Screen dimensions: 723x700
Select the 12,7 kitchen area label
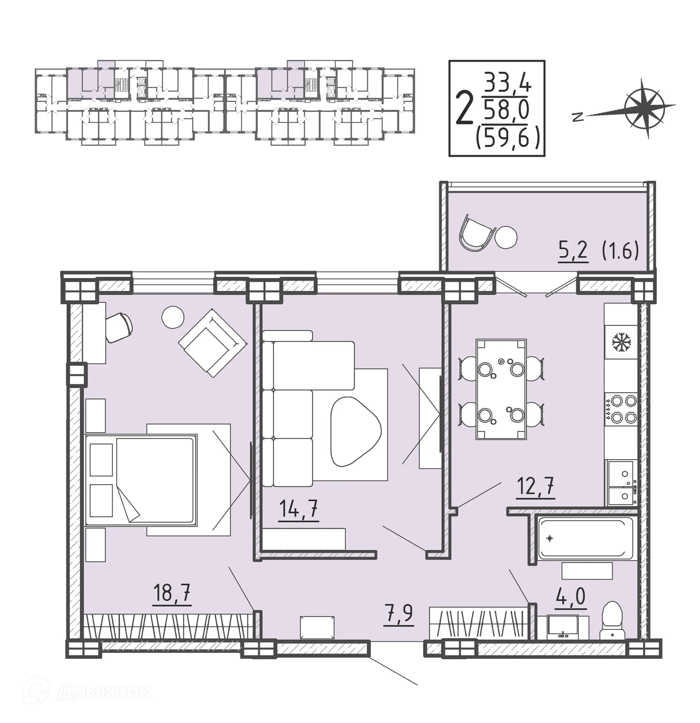coord(535,487)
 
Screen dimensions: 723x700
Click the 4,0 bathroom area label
coord(571,596)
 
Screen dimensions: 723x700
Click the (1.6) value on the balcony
coord(620,251)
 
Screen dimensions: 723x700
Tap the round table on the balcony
coord(506,237)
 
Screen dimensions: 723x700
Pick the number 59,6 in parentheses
coord(508,139)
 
